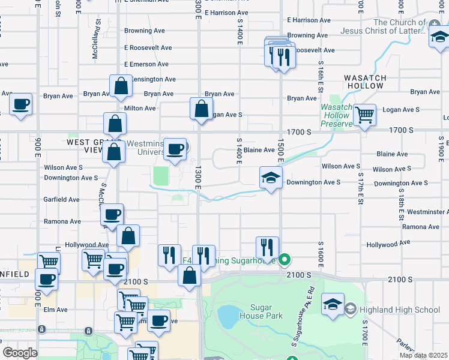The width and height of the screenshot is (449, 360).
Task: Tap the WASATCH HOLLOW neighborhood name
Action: pos(363,82)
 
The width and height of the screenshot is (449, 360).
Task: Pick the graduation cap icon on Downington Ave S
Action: pos(271,178)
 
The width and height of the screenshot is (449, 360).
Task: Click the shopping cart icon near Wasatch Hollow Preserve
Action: pos(364,114)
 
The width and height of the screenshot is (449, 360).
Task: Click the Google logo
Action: pos(20,353)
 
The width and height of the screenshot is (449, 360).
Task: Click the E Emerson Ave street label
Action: pos(148,64)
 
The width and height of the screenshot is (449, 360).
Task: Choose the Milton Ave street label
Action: pos(139,109)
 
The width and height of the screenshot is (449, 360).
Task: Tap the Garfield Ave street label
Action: pos(62,199)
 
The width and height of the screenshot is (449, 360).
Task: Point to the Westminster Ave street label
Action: pos(427,212)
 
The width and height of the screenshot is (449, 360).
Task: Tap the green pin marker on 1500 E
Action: pos(285,260)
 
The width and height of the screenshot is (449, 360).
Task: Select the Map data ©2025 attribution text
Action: pos(423,355)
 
